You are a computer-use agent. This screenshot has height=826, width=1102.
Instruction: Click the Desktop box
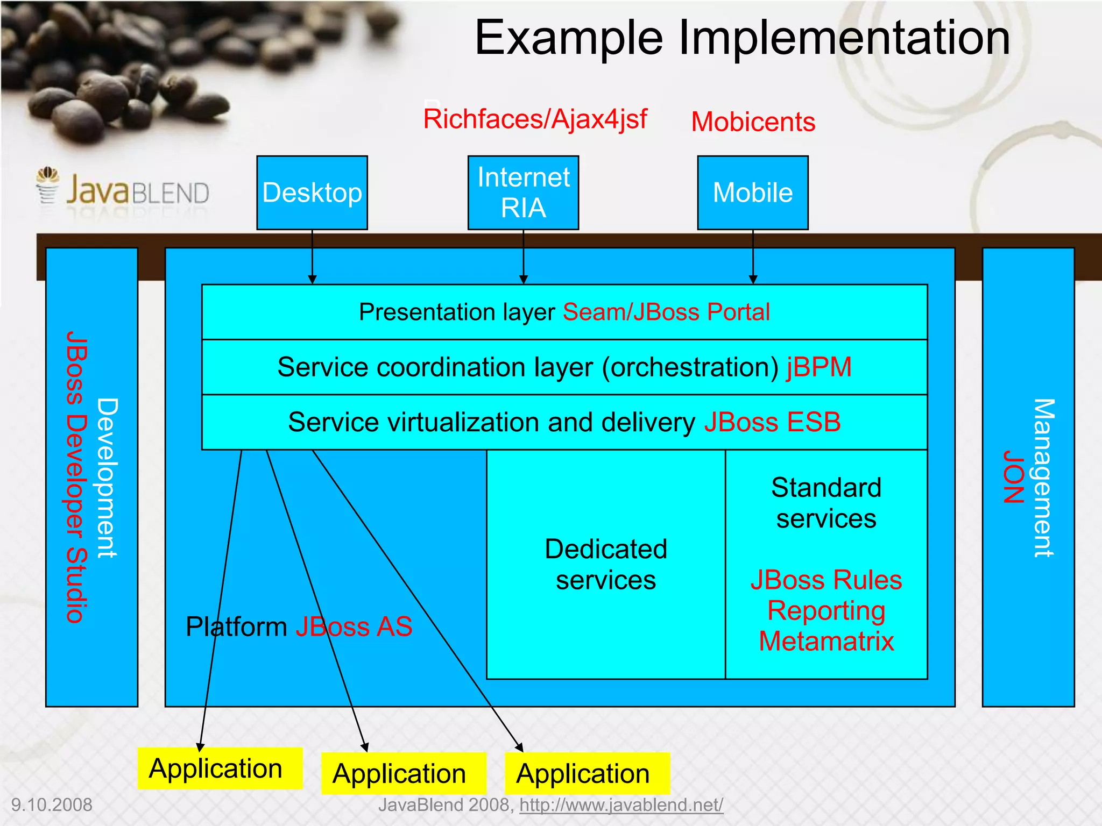[x=312, y=193]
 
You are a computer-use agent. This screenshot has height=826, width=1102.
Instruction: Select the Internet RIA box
[x=523, y=193]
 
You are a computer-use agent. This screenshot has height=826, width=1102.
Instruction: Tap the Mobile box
[x=752, y=193]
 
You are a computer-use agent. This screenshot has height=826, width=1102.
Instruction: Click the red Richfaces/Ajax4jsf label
[x=535, y=119]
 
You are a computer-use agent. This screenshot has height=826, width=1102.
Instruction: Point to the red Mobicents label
[x=753, y=122]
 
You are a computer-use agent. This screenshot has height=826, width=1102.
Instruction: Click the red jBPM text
[x=819, y=367]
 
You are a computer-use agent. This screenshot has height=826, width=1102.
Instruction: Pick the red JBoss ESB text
[x=772, y=422]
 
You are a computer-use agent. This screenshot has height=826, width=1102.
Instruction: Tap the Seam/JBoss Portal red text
[x=666, y=312]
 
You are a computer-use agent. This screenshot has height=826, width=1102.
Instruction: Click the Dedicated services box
[x=606, y=565]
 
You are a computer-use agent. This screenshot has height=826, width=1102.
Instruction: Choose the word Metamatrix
[x=826, y=641]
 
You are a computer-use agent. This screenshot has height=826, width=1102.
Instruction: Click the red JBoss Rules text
[x=826, y=580]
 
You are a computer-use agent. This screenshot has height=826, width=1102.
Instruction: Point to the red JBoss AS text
[x=354, y=626]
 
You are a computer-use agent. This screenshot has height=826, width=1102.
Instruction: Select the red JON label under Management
[x=1013, y=476]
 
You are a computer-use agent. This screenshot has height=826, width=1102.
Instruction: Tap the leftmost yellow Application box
[x=220, y=768]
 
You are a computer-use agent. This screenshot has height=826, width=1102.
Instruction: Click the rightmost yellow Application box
[x=587, y=773]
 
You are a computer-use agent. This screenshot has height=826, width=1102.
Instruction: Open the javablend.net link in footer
[x=621, y=805]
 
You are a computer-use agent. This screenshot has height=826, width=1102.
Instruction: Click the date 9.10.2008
[x=52, y=805]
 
